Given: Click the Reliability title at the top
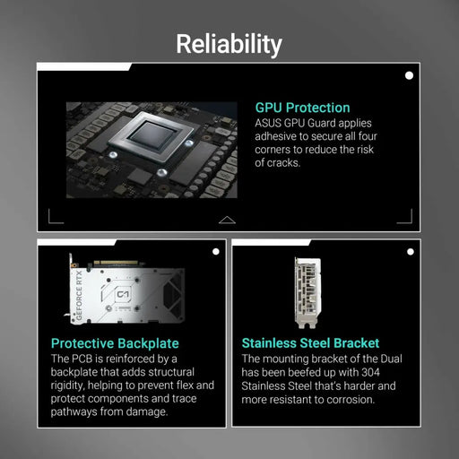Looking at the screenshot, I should tap(229, 44).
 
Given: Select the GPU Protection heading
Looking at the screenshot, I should tap(302, 108).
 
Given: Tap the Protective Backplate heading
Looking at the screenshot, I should tap(115, 343).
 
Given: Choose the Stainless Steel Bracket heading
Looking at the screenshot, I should tap(310, 343).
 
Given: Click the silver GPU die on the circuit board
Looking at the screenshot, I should tap(150, 136).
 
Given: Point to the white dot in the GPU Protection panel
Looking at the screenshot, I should tap(410, 76).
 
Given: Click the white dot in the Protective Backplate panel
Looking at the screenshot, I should tap(215, 252).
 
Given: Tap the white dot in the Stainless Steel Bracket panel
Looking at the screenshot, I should tap(410, 252).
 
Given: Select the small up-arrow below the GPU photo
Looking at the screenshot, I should tap(227, 219).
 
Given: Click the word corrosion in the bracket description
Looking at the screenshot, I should tap(368, 400).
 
